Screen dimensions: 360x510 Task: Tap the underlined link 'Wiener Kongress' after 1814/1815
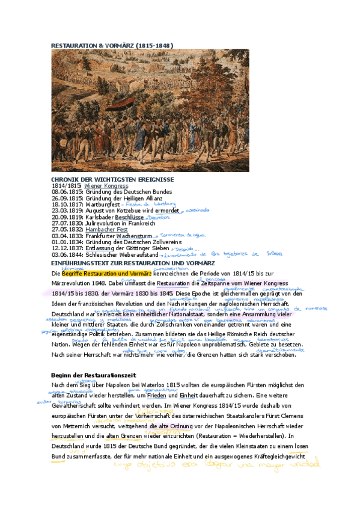(x=106, y=186)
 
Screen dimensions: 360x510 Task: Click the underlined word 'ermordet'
(x=168, y=211)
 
